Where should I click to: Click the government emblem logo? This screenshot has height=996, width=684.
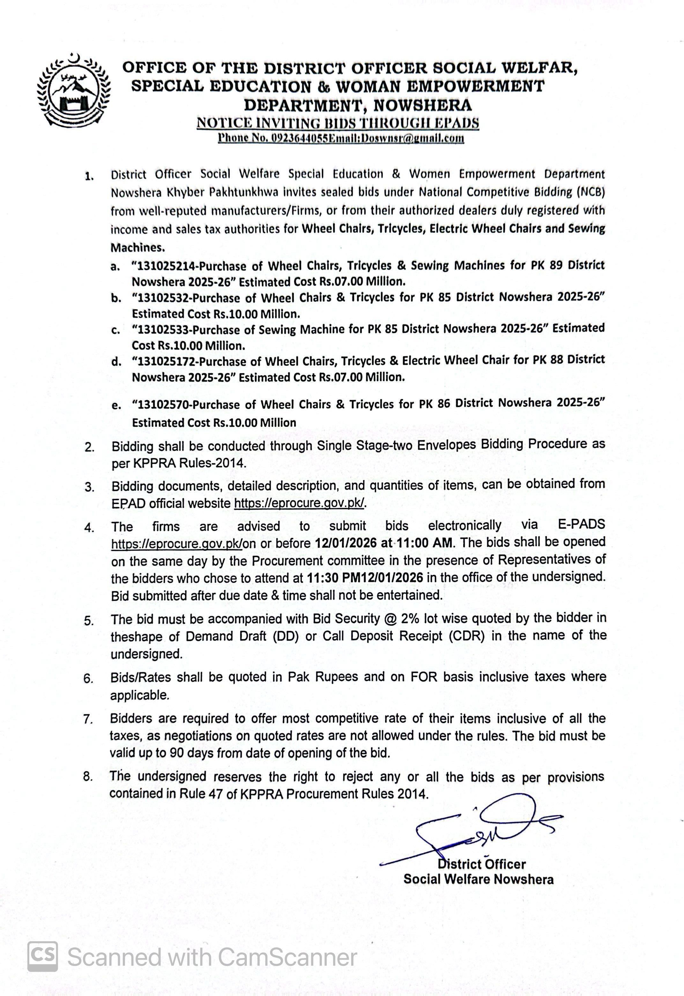[x=73, y=90]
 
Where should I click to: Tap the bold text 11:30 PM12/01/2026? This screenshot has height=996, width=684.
[x=365, y=577]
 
